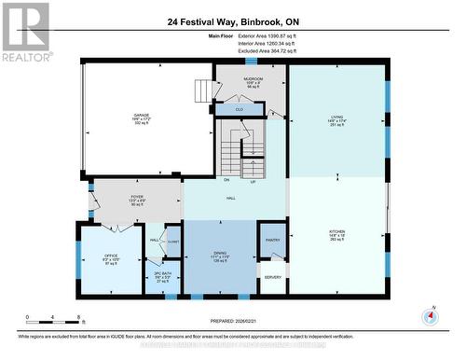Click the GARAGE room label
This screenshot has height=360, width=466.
pos(142,116)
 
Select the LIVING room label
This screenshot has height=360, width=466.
pos(336,117)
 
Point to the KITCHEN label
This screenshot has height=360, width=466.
pos(336,231)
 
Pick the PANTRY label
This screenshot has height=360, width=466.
pos(272,241)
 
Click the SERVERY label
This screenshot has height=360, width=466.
pos(272,277)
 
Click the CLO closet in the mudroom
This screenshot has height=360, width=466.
pos(240,109)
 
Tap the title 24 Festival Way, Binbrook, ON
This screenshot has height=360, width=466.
pos(232,21)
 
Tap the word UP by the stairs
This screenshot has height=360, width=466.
pos(252,179)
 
